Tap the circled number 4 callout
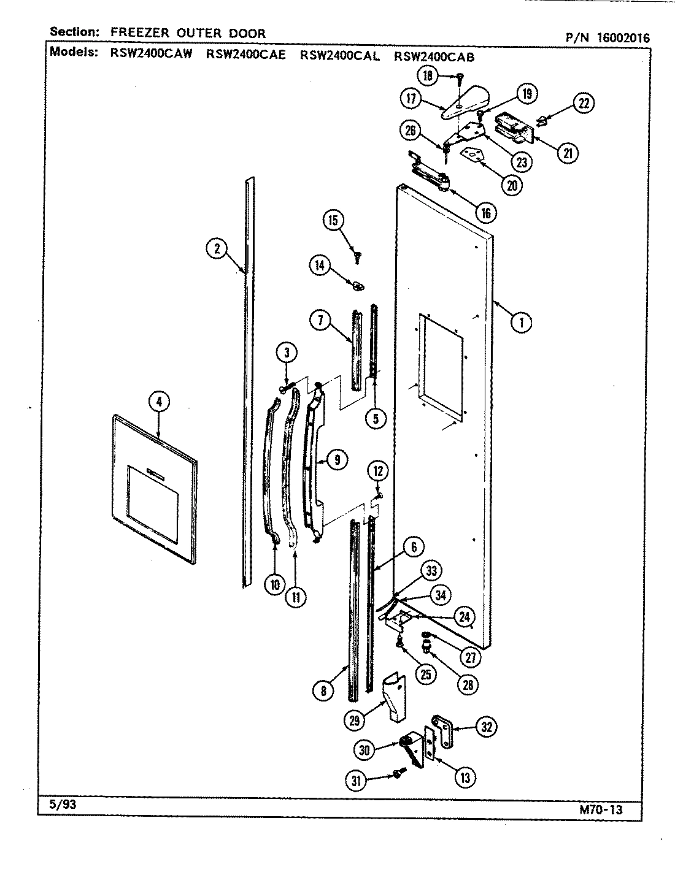[x=158, y=402]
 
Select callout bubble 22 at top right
[x=584, y=104]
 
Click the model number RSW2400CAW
[x=151, y=55]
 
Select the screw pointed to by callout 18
[x=459, y=77]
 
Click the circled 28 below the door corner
[x=468, y=684]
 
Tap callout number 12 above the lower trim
[x=378, y=472]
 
